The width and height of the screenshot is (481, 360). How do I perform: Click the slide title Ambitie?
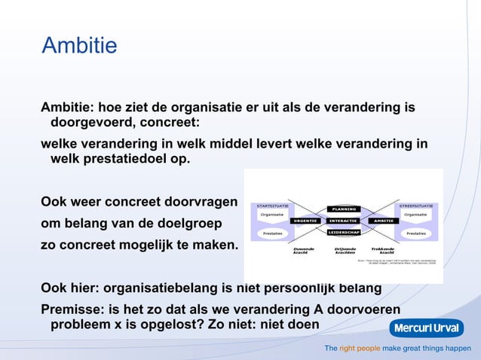[79, 46]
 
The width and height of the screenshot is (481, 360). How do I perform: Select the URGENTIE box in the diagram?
[305, 221]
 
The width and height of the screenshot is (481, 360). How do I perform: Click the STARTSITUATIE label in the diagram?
[272, 205]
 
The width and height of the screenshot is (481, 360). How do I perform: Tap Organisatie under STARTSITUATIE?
[272, 215]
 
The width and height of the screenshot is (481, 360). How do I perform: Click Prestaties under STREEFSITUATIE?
[415, 233]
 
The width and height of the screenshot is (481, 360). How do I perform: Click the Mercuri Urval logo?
[426, 328]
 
